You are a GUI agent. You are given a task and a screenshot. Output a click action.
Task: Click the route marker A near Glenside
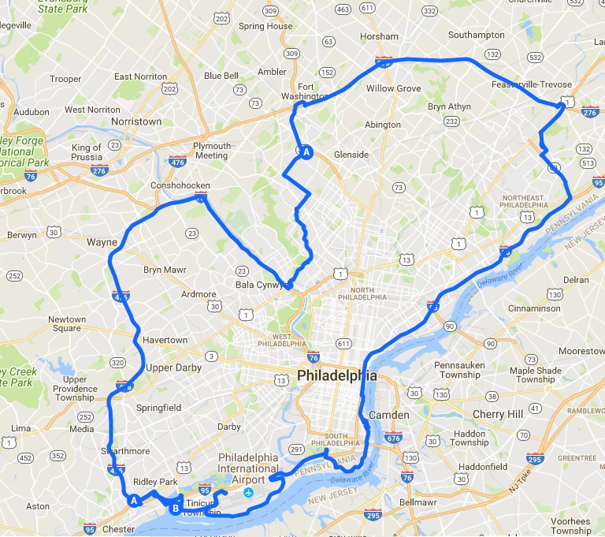click(x=306, y=152)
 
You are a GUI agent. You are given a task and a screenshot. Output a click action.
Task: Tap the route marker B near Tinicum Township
click(x=175, y=509)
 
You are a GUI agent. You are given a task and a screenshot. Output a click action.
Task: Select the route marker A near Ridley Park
click(x=134, y=500)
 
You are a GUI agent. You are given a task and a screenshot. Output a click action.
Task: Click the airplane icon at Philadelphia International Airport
click(x=249, y=493)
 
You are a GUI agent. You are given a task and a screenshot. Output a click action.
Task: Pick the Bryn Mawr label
click(x=165, y=270)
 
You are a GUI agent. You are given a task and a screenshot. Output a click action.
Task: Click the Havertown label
click(x=165, y=340)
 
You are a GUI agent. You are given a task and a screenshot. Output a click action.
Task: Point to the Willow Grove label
click(x=394, y=88)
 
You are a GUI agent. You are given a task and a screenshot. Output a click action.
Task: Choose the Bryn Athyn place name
click(x=449, y=106)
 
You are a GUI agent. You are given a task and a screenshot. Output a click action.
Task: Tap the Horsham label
click(x=379, y=36)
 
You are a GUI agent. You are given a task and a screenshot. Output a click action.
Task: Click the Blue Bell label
click(x=221, y=76)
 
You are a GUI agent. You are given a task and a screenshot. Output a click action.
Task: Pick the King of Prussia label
click(x=87, y=152)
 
